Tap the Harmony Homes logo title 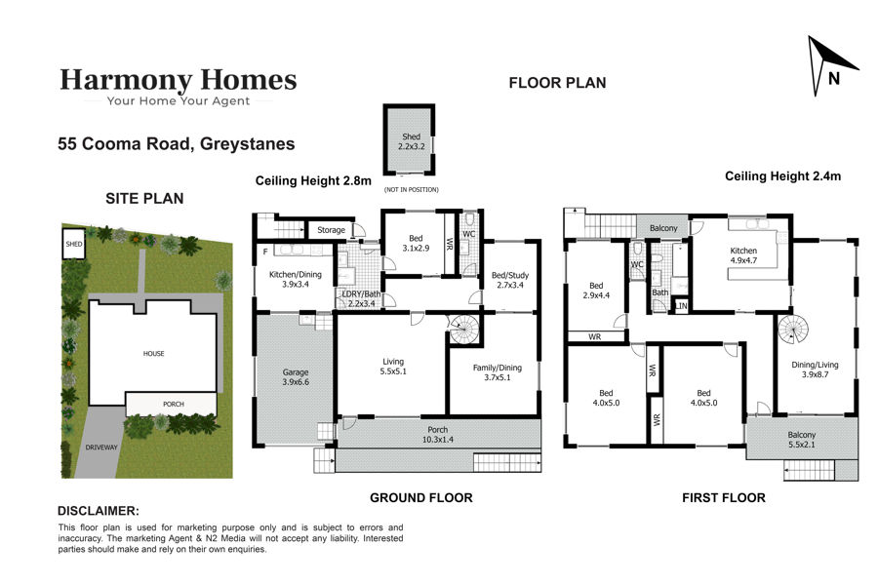point(179,80)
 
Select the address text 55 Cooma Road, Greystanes point(177,144)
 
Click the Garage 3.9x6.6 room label point(295,376)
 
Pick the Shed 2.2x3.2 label point(411,141)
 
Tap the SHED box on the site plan point(73,244)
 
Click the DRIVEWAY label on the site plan point(101,448)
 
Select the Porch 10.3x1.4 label point(437,435)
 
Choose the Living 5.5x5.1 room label point(393,367)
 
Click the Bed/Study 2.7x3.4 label point(509,280)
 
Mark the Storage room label point(331,229)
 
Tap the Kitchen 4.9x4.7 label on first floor point(743,255)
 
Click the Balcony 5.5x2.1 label point(801,440)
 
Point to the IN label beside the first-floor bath point(682,305)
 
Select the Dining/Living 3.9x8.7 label point(815,370)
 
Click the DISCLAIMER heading point(99,511)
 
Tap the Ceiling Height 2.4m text point(782,175)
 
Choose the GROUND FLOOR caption point(421,497)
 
